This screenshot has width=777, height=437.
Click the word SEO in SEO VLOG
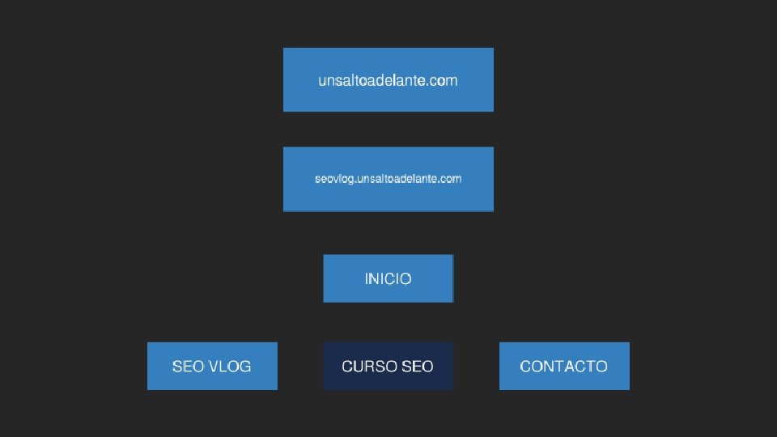pos(188,367)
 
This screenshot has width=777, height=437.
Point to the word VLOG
pos(230,367)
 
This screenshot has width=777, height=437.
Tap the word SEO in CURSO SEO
pos(418,367)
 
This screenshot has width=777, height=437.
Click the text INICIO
pos(388,279)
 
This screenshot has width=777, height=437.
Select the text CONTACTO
pos(564,367)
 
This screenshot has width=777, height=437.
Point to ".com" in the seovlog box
pos(451,178)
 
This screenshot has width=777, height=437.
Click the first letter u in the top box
pos(322,81)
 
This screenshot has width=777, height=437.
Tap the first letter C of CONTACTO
pos(525,367)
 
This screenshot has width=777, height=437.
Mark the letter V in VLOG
pos(214,367)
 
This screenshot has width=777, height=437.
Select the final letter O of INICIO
pos(405,279)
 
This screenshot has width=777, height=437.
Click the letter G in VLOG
pos(245,367)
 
